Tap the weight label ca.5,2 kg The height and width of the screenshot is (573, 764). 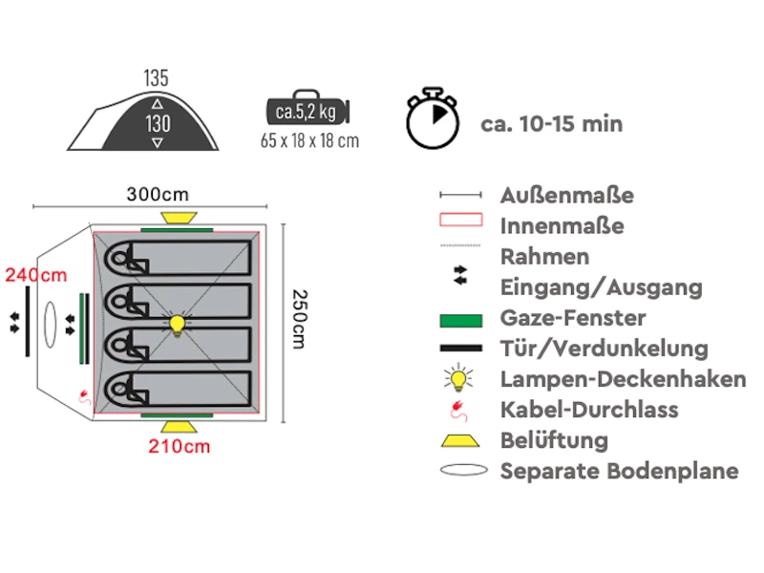[x=306, y=113]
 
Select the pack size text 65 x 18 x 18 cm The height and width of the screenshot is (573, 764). [x=309, y=141]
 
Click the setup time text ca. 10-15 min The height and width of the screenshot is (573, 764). [x=551, y=123]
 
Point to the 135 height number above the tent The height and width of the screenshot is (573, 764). [x=158, y=77]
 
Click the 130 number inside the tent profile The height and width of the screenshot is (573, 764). [x=158, y=123]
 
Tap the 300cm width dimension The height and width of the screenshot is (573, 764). [x=158, y=194]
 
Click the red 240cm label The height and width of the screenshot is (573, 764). [x=36, y=276]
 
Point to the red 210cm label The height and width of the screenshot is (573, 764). [x=179, y=446]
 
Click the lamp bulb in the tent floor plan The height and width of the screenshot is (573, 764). [x=177, y=325]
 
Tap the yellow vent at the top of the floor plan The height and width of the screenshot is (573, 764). [x=176, y=218]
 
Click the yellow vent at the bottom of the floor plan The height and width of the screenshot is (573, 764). [x=177, y=426]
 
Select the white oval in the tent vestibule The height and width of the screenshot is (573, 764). [x=53, y=325]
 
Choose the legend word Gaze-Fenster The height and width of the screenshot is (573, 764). [x=572, y=318]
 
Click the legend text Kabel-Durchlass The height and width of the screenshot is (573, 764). [x=588, y=410]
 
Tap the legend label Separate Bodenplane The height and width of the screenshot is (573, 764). [x=619, y=471]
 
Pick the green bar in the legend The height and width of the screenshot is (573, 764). [x=460, y=318]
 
